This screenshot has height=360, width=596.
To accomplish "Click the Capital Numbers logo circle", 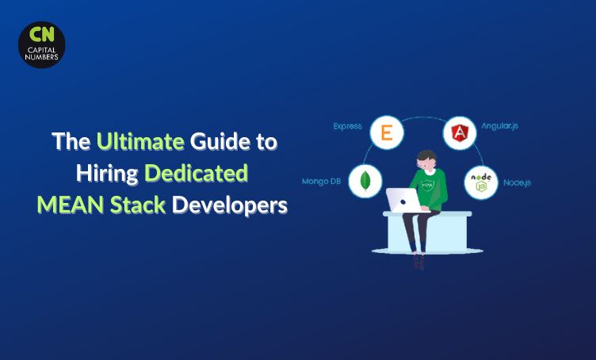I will pyautogui.click(x=41, y=44).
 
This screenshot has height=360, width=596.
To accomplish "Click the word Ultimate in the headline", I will pyautogui.click(x=139, y=143).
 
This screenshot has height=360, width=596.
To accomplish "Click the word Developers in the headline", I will pyautogui.click(x=231, y=204).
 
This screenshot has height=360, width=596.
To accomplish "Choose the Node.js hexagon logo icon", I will pyautogui.click(x=480, y=182).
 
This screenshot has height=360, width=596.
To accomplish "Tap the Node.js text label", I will pyautogui.click(x=517, y=182).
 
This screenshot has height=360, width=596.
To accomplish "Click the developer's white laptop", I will pyautogui.click(x=403, y=201).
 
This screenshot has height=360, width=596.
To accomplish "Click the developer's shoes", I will pyautogui.click(x=418, y=261).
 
